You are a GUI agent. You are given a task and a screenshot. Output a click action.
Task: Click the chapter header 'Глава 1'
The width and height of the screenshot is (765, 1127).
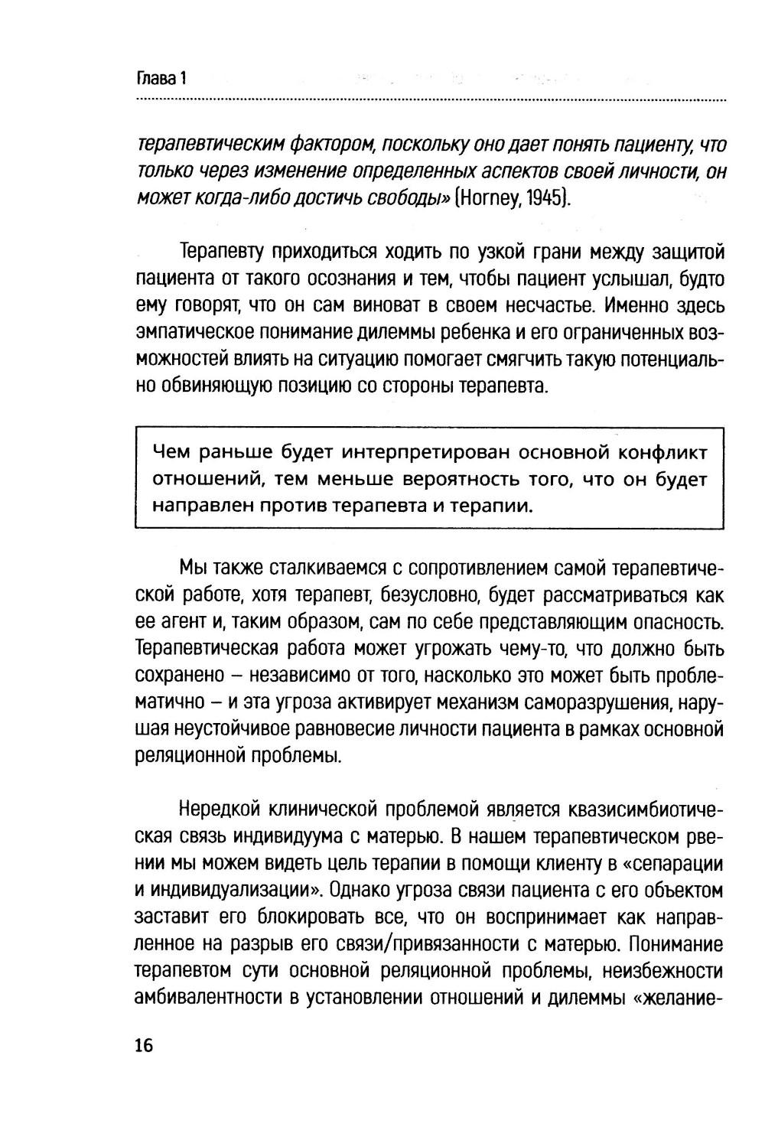point(161,78)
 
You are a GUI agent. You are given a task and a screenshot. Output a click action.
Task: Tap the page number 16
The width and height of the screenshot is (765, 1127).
point(144,1046)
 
